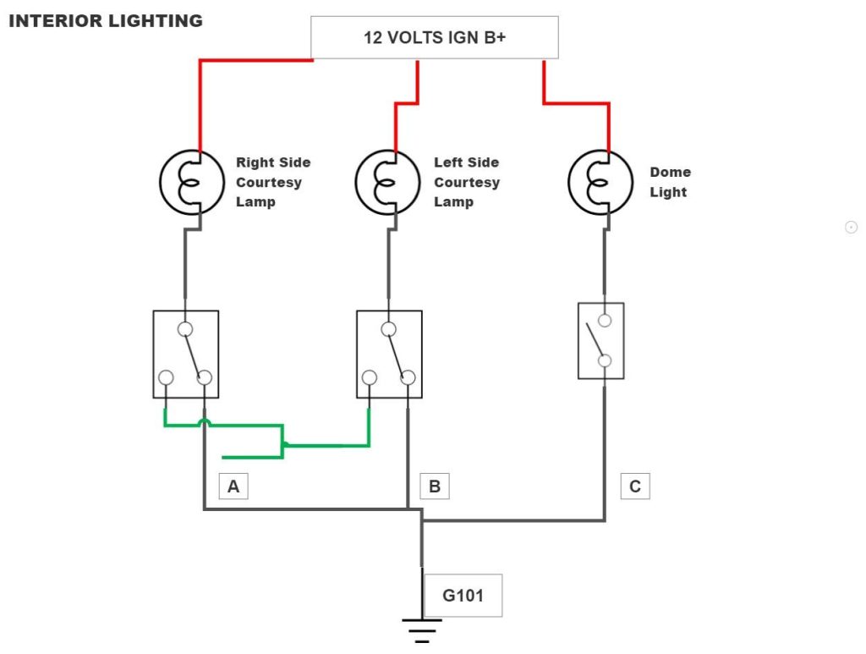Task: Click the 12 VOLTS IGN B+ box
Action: [x=435, y=37]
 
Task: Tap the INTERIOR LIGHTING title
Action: [x=106, y=21]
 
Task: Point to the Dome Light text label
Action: [x=670, y=182]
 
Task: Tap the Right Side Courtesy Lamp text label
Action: [x=272, y=182]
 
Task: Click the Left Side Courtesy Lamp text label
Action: [x=466, y=182]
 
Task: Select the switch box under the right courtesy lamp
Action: [x=186, y=354]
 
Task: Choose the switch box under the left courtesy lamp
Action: [x=389, y=354]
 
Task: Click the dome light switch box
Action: [x=600, y=340]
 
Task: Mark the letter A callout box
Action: [x=233, y=486]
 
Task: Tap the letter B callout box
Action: [x=435, y=486]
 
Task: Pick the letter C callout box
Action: [x=635, y=486]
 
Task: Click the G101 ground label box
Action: [x=463, y=596]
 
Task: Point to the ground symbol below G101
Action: [x=421, y=630]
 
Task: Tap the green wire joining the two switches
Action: [x=326, y=444]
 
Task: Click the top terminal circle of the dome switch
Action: [x=605, y=320]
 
